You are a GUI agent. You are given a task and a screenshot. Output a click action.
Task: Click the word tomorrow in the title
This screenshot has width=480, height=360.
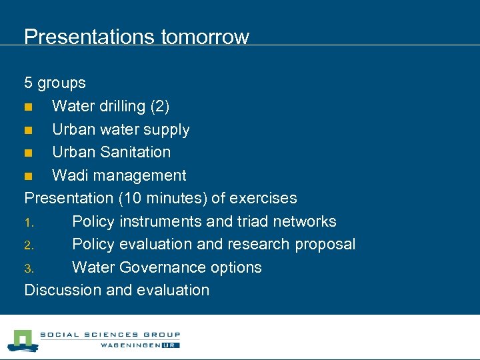click(x=205, y=37)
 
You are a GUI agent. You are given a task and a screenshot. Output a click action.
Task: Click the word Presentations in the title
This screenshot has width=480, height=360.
click(x=89, y=37)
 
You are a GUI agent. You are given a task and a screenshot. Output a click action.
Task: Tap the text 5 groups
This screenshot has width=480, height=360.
click(x=55, y=83)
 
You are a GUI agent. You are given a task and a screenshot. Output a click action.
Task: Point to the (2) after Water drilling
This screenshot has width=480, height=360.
click(x=160, y=106)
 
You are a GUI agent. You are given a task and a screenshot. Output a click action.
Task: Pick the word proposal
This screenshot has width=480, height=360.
click(x=325, y=244)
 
